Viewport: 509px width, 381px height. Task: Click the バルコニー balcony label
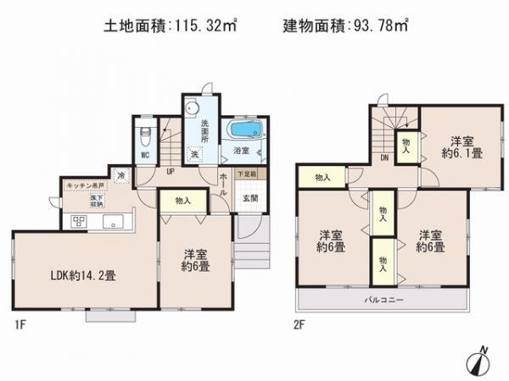pos(384,301)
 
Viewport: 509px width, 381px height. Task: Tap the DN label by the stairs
pos(383,158)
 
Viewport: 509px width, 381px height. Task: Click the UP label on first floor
pos(171,171)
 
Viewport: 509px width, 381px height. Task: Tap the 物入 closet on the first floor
pos(182,201)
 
